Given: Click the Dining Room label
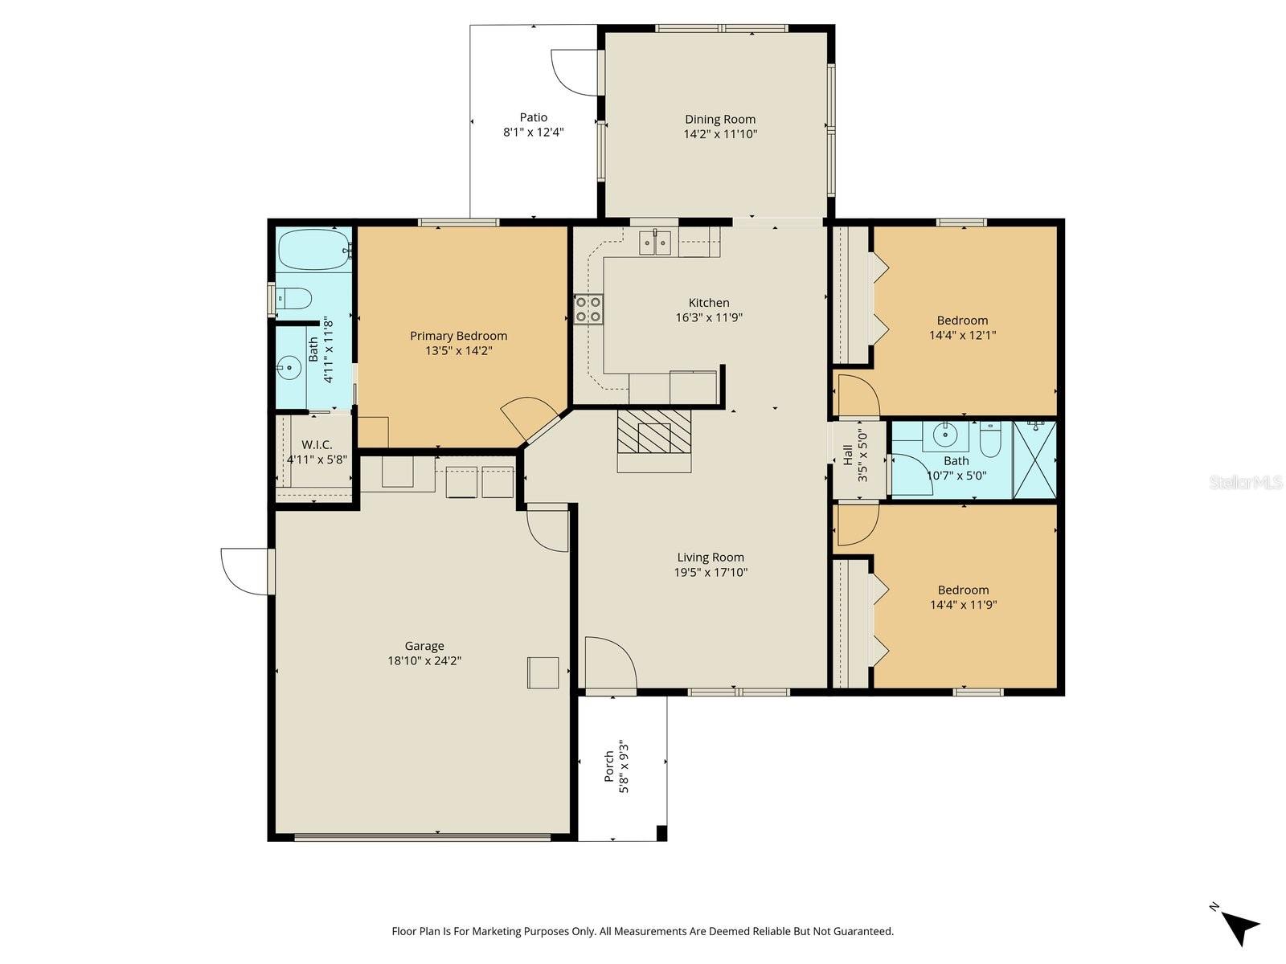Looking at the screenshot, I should pyautogui.click(x=719, y=119).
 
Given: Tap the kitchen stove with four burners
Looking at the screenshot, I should pyautogui.click(x=588, y=309).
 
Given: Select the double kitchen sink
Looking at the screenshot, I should pyautogui.click(x=655, y=242).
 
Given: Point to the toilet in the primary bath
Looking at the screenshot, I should pyautogui.click(x=293, y=299).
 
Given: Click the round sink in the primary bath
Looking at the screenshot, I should pyautogui.click(x=289, y=369).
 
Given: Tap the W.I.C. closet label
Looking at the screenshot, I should pyautogui.click(x=317, y=445).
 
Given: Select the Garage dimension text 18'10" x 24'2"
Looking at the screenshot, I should pyautogui.click(x=424, y=661).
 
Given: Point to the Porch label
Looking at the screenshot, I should pyautogui.click(x=609, y=766).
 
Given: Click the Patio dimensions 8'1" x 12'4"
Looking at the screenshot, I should pyautogui.click(x=533, y=133).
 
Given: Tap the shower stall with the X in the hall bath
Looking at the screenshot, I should pyautogui.click(x=1034, y=459).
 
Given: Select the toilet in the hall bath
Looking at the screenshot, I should pyautogui.click(x=989, y=437).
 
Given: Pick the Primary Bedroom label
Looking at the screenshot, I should pyautogui.click(x=458, y=336).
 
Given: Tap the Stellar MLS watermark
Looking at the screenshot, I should pyautogui.click(x=1246, y=482).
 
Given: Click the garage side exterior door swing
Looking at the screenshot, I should pyautogui.click(x=245, y=571).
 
